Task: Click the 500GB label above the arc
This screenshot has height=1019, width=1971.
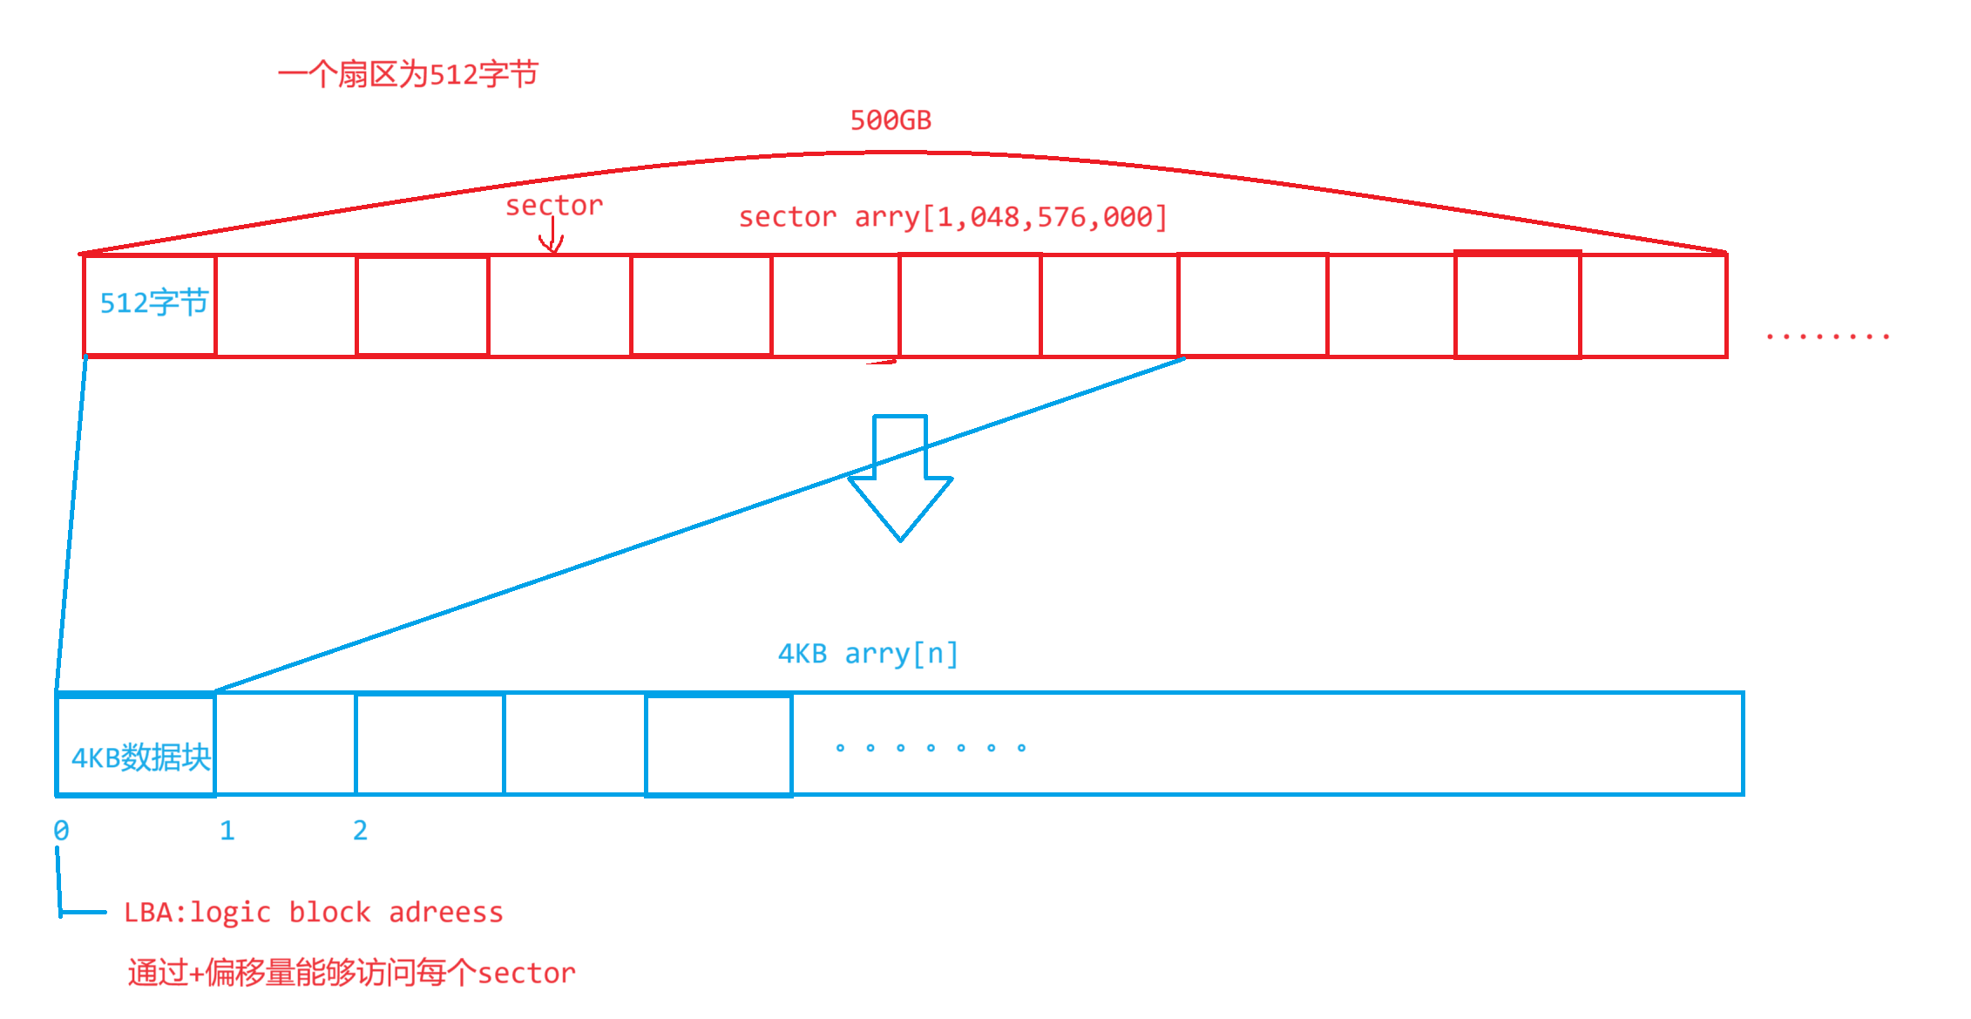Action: pyautogui.click(x=891, y=120)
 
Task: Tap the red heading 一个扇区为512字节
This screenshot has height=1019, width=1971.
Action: pyautogui.click(x=408, y=75)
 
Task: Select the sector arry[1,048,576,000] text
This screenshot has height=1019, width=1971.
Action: pyautogui.click(x=952, y=217)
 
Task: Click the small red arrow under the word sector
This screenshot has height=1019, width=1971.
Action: pyautogui.click(x=552, y=237)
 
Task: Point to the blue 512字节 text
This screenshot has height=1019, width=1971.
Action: pyautogui.click(x=154, y=303)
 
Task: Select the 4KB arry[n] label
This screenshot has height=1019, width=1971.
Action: pyautogui.click(x=868, y=654)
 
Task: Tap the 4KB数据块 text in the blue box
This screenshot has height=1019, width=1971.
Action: pyautogui.click(x=141, y=758)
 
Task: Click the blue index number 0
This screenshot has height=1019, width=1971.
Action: pyautogui.click(x=61, y=831)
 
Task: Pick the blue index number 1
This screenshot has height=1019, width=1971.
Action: pyautogui.click(x=227, y=831)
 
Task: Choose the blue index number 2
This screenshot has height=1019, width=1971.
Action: pyautogui.click(x=360, y=831)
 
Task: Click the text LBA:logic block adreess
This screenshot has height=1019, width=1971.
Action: pyautogui.click(x=313, y=913)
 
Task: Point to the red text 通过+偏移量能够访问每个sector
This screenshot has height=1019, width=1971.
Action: pyautogui.click(x=351, y=973)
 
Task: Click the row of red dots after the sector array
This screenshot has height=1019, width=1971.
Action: pyautogui.click(x=1827, y=336)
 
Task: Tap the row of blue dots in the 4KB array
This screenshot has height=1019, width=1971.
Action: pyautogui.click(x=930, y=748)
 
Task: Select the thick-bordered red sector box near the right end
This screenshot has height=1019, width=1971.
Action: pyautogui.click(x=1517, y=305)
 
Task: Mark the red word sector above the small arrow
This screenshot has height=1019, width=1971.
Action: pyautogui.click(x=553, y=206)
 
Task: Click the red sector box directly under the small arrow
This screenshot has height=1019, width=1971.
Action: pyautogui.click(x=559, y=305)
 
